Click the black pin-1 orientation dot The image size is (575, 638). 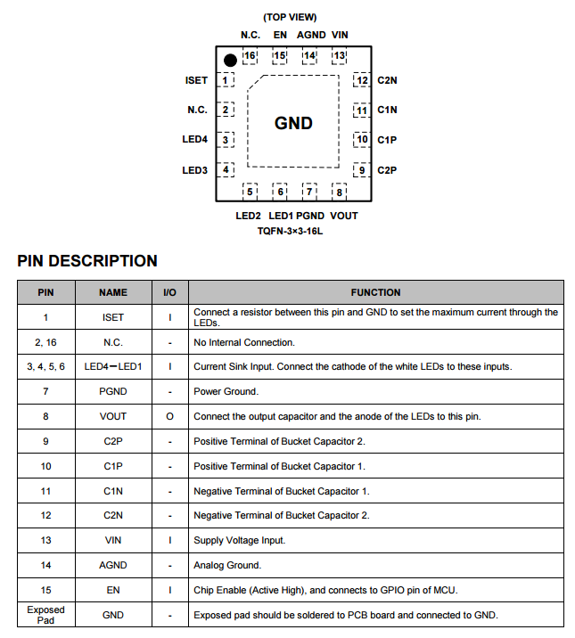point(230,61)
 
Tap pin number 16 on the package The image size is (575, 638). point(250,56)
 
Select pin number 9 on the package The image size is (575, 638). point(361,169)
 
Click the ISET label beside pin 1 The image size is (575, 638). point(196,80)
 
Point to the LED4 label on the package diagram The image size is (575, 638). point(194,140)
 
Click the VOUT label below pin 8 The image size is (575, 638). point(343,216)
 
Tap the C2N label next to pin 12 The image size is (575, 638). point(387,80)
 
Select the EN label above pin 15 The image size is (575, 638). point(280,35)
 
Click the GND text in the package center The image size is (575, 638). point(293,123)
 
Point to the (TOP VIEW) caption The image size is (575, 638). point(290,17)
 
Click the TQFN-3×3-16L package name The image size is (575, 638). point(290,231)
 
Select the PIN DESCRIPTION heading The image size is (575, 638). point(87,261)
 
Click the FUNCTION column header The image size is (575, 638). point(375,292)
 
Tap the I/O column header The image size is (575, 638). point(169,292)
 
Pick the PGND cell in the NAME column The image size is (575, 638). point(113,391)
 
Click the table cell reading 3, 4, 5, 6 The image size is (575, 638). point(45,366)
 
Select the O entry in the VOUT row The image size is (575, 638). point(169,416)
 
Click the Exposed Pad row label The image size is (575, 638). point(45,615)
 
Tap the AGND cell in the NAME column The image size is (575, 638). point(113,565)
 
